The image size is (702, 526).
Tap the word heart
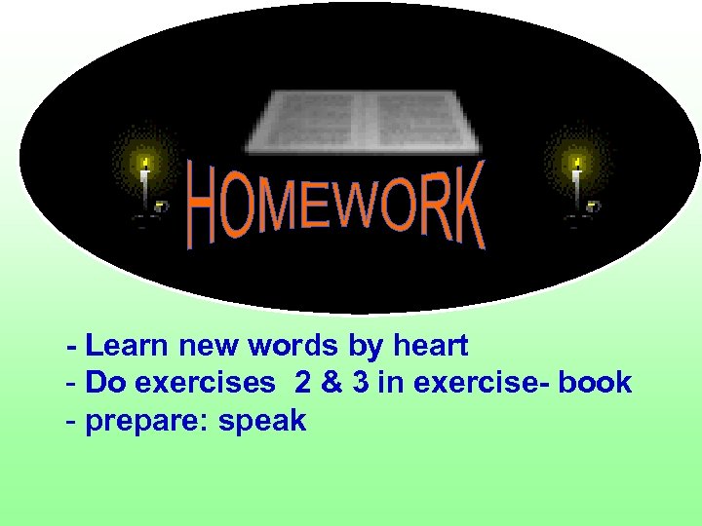430,346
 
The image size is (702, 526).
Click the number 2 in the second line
302,383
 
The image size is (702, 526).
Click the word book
596,383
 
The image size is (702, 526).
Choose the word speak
262,422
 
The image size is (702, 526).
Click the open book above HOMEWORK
363,121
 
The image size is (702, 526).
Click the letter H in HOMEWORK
202,207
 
